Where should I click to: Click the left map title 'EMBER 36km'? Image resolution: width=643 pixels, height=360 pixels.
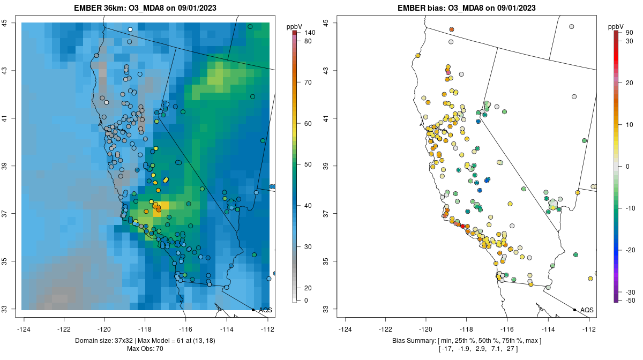point(101,8)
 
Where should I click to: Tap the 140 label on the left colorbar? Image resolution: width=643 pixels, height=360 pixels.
point(309,33)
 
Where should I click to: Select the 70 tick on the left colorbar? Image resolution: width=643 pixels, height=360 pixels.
point(308,82)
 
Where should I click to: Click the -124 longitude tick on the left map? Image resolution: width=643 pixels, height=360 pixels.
point(24,328)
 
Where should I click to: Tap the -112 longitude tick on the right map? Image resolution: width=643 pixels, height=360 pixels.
point(589,328)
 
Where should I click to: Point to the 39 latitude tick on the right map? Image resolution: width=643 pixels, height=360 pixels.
point(326,166)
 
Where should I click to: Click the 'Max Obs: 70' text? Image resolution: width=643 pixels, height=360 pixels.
point(145,349)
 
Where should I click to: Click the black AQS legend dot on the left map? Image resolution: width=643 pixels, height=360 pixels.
point(253,310)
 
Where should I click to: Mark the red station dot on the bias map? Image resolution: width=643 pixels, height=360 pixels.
point(463,227)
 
